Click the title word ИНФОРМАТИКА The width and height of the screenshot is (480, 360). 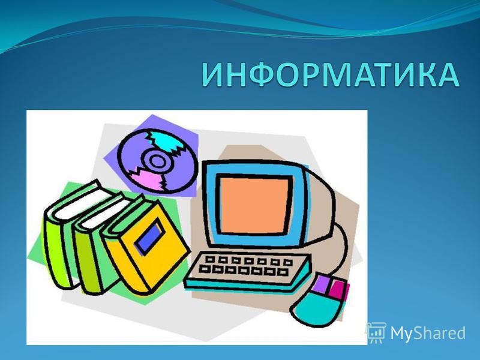[331, 75]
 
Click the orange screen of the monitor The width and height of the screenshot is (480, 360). [254, 205]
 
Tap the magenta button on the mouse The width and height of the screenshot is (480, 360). [338, 289]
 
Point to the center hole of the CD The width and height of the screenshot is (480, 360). [158, 161]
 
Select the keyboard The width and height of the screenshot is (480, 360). [248, 271]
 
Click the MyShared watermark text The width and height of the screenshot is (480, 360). [428, 333]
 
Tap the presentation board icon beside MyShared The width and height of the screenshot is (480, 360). [377, 332]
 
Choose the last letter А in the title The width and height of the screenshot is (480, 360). [446, 75]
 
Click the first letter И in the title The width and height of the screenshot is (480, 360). [214, 75]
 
